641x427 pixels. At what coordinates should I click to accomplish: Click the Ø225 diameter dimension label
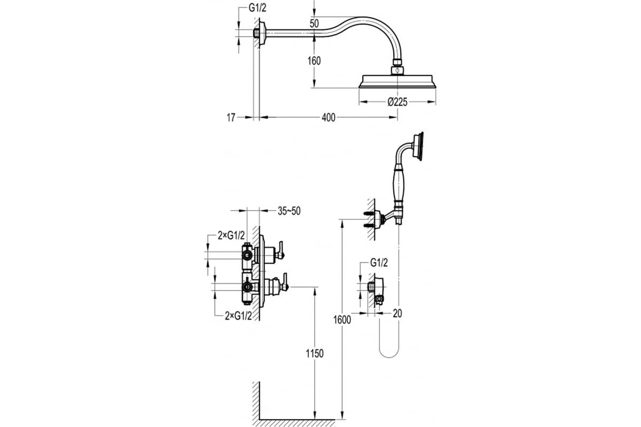point(397,102)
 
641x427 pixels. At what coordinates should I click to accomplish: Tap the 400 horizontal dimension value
point(328,117)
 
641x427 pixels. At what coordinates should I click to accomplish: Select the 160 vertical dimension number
point(314,61)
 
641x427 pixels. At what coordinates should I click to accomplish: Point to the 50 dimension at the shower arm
point(314,23)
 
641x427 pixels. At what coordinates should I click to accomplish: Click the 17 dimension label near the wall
point(231,117)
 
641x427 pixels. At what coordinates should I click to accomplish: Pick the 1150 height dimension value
point(315,353)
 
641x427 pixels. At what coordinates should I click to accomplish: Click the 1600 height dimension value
point(342,320)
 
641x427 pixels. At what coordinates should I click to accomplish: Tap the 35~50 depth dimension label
point(289,211)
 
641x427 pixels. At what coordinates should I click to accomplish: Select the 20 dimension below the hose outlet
point(397,313)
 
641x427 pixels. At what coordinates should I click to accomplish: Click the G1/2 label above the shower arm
point(257,8)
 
